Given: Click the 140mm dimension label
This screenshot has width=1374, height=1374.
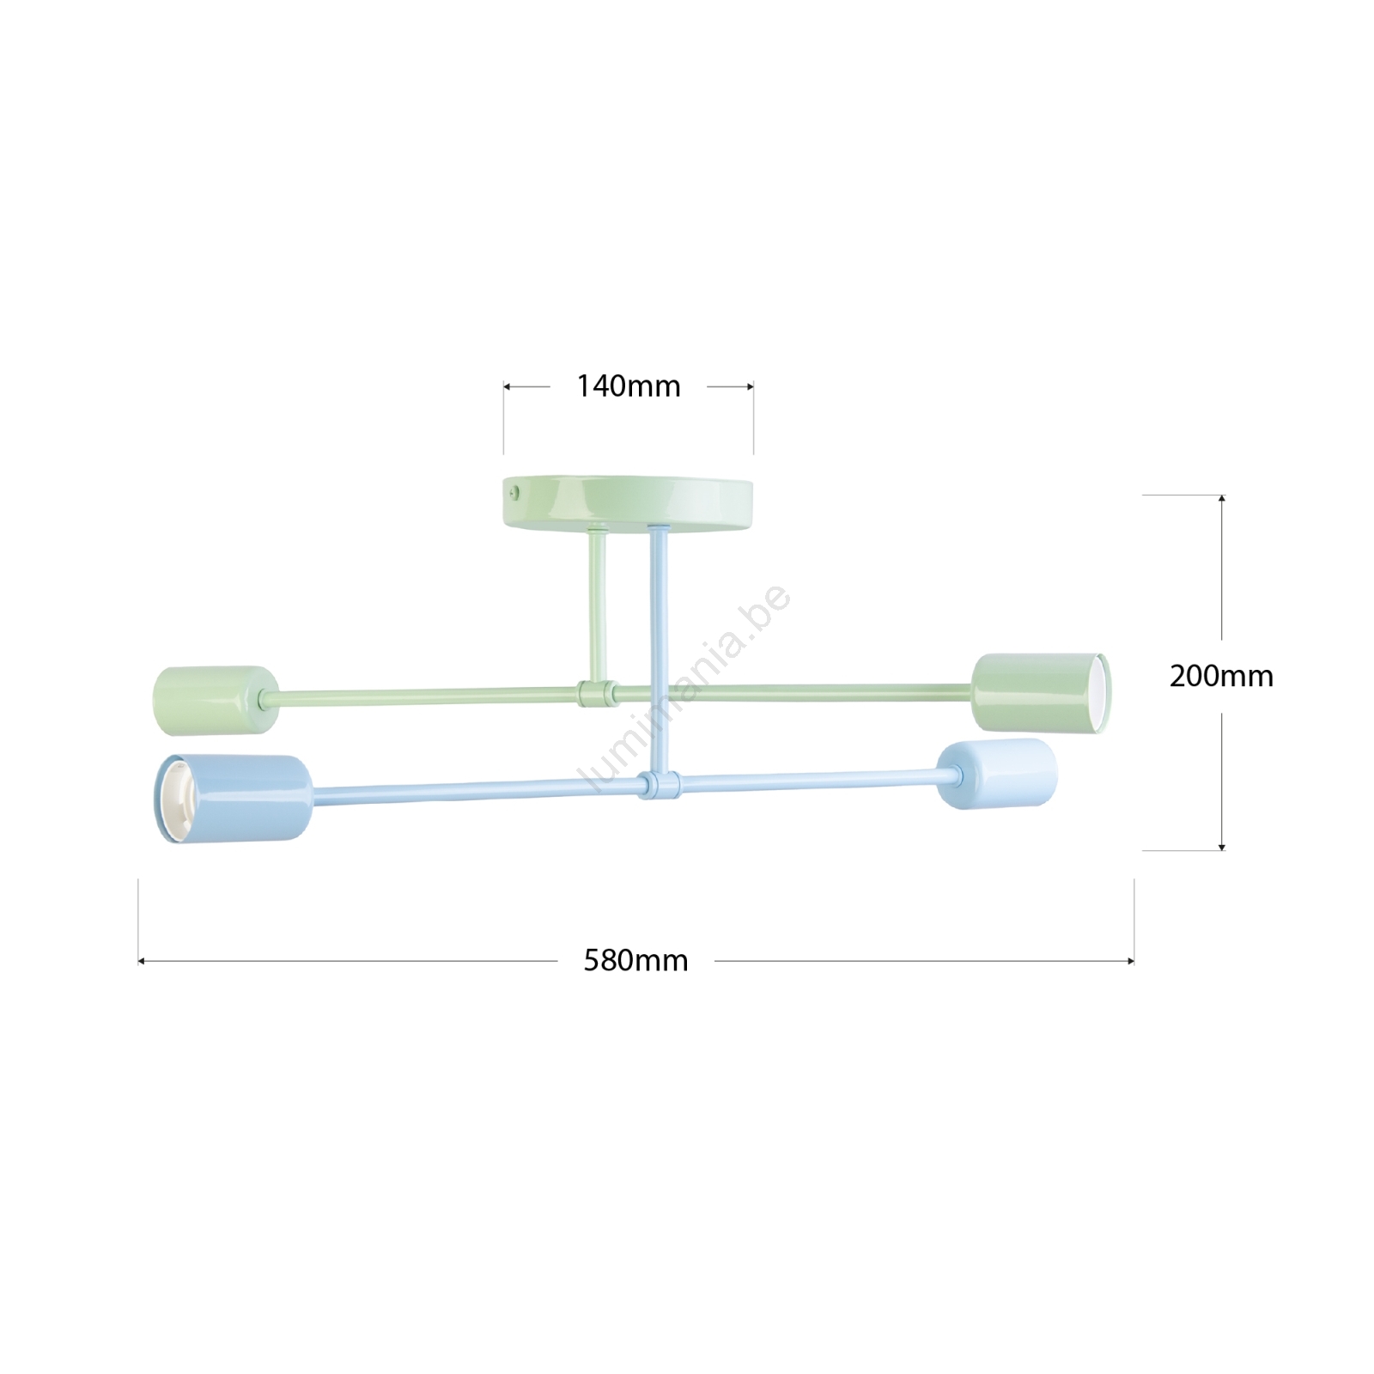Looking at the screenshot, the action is click(628, 386).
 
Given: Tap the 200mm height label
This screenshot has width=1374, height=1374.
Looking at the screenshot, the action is click(1221, 676).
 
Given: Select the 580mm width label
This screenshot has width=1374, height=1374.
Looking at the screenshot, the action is click(636, 960).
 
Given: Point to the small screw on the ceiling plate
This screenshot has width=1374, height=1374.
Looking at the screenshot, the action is click(514, 492).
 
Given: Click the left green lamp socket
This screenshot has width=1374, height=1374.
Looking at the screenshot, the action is click(216, 700).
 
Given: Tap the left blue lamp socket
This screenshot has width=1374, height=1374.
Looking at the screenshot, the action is click(232, 799).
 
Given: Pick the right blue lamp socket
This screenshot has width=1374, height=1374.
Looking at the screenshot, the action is click(997, 773).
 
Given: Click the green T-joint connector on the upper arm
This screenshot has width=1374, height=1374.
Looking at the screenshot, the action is click(598, 692).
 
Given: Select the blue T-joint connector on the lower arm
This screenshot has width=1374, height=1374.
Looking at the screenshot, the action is click(659, 784).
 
